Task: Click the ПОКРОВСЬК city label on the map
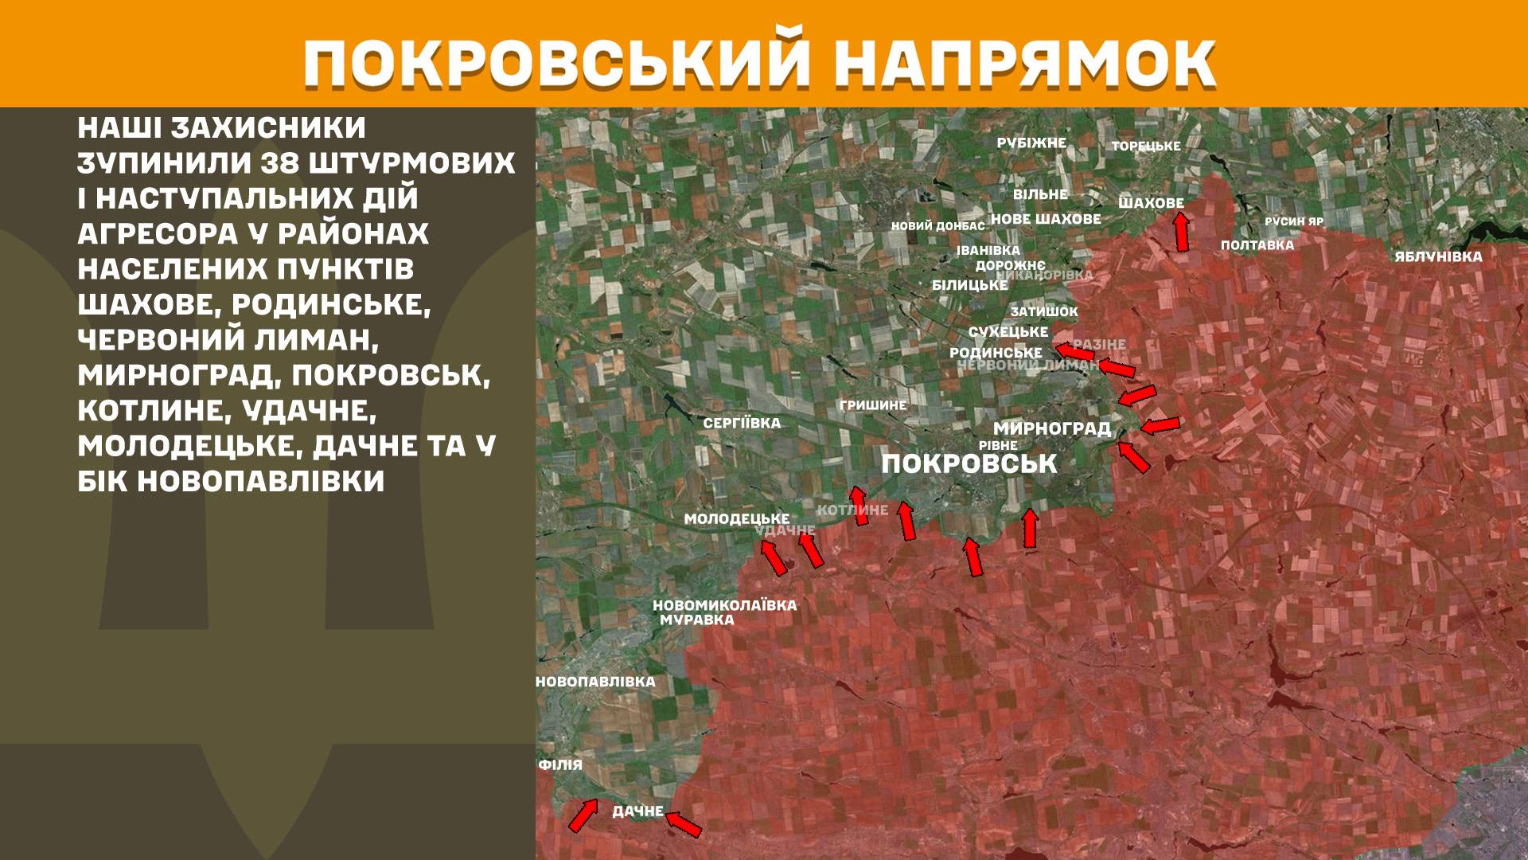tap(969, 463)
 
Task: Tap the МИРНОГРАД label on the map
tap(1051, 428)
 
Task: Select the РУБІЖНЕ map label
tap(1031, 143)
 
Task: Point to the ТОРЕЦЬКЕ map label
tap(1146, 147)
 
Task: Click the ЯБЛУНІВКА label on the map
tap(1438, 257)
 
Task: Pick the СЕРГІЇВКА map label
tap(742, 424)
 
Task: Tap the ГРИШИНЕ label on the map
tap(873, 405)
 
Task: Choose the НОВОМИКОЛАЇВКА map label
tap(724, 605)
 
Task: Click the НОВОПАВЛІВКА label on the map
tap(596, 682)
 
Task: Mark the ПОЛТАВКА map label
tap(1257, 245)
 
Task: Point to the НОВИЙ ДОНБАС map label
tap(937, 226)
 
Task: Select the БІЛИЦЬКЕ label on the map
tap(969, 285)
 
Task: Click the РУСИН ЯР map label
tap(1294, 221)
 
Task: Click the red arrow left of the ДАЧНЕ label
tap(583, 815)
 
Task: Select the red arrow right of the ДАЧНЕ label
tap(684, 823)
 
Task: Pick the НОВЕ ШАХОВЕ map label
tap(1046, 219)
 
